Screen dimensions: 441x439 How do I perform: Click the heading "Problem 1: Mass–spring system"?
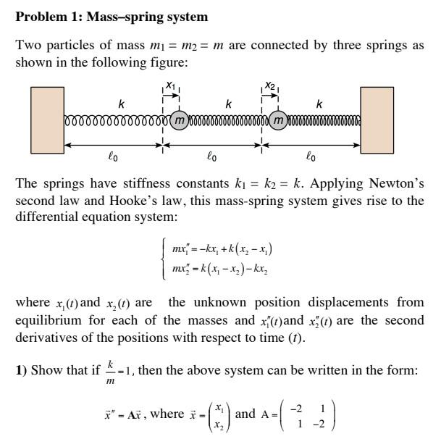coord(112,16)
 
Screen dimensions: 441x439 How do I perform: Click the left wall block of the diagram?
coord(48,120)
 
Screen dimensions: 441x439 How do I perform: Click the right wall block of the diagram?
coord(377,120)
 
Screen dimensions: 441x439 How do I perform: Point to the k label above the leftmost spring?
coord(121,105)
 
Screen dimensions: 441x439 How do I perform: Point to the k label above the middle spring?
coord(228,105)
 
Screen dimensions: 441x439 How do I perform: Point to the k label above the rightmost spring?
coord(319,105)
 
